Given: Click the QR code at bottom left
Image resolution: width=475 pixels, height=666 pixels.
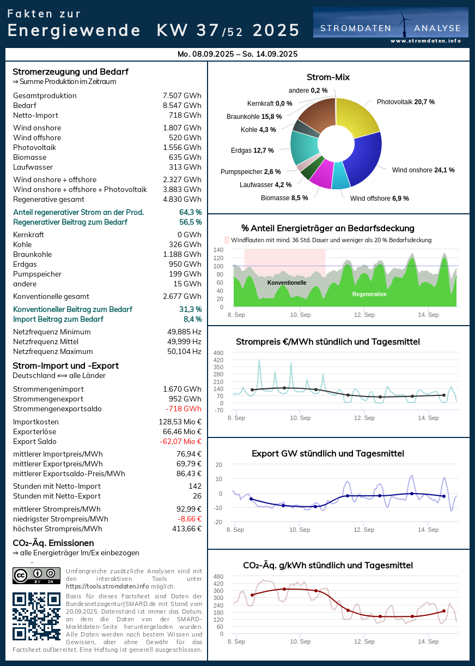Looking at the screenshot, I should click(36, 616).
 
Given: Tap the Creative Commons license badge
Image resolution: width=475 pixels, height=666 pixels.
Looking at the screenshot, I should click(36, 575).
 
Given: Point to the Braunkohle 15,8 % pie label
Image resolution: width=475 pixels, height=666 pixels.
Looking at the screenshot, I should click(254, 116).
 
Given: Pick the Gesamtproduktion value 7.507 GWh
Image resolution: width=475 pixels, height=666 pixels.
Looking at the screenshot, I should click(182, 95).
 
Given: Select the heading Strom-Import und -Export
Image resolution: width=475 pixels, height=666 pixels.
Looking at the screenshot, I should click(65, 365).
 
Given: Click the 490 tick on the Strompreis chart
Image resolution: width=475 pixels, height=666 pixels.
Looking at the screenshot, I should click(218, 353).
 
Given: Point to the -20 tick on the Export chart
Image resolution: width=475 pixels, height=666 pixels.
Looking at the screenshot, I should click(218, 522).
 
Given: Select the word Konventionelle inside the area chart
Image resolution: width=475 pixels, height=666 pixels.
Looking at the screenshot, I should click(287, 283).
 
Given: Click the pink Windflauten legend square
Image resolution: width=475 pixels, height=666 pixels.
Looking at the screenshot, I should click(227, 240).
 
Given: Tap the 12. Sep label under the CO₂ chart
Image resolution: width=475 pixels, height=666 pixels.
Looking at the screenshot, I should click(364, 641).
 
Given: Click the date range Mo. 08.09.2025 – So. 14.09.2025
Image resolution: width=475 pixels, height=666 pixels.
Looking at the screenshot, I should click(237, 54).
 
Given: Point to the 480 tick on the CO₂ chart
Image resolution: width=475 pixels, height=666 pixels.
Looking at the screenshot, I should click(218, 577).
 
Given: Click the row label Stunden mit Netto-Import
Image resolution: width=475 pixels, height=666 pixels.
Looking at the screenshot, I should click(57, 486).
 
